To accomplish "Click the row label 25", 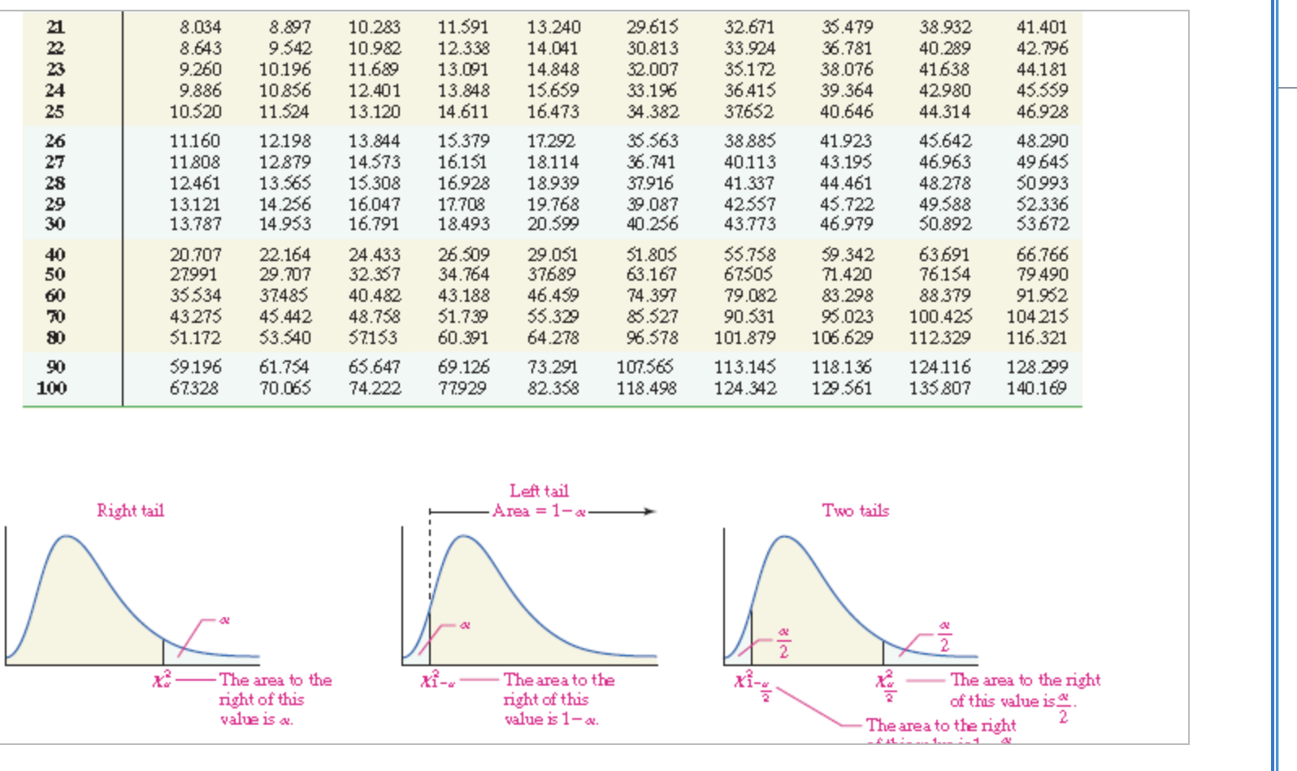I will (54, 111).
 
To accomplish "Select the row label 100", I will (52, 388).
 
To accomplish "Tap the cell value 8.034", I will (200, 28).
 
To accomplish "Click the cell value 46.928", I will (1042, 111).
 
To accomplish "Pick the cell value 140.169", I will (1036, 388).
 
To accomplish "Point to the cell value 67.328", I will (194, 388).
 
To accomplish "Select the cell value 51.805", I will (652, 255).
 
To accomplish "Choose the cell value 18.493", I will (463, 224).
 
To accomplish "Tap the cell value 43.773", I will (749, 224).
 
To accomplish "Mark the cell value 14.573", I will (375, 162).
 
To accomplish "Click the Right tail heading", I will (130, 511).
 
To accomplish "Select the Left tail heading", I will (539, 490).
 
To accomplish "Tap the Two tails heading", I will (855, 511).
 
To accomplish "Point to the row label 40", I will (54, 255).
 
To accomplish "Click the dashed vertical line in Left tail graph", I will (430, 569).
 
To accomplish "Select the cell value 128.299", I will (1036, 367).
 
